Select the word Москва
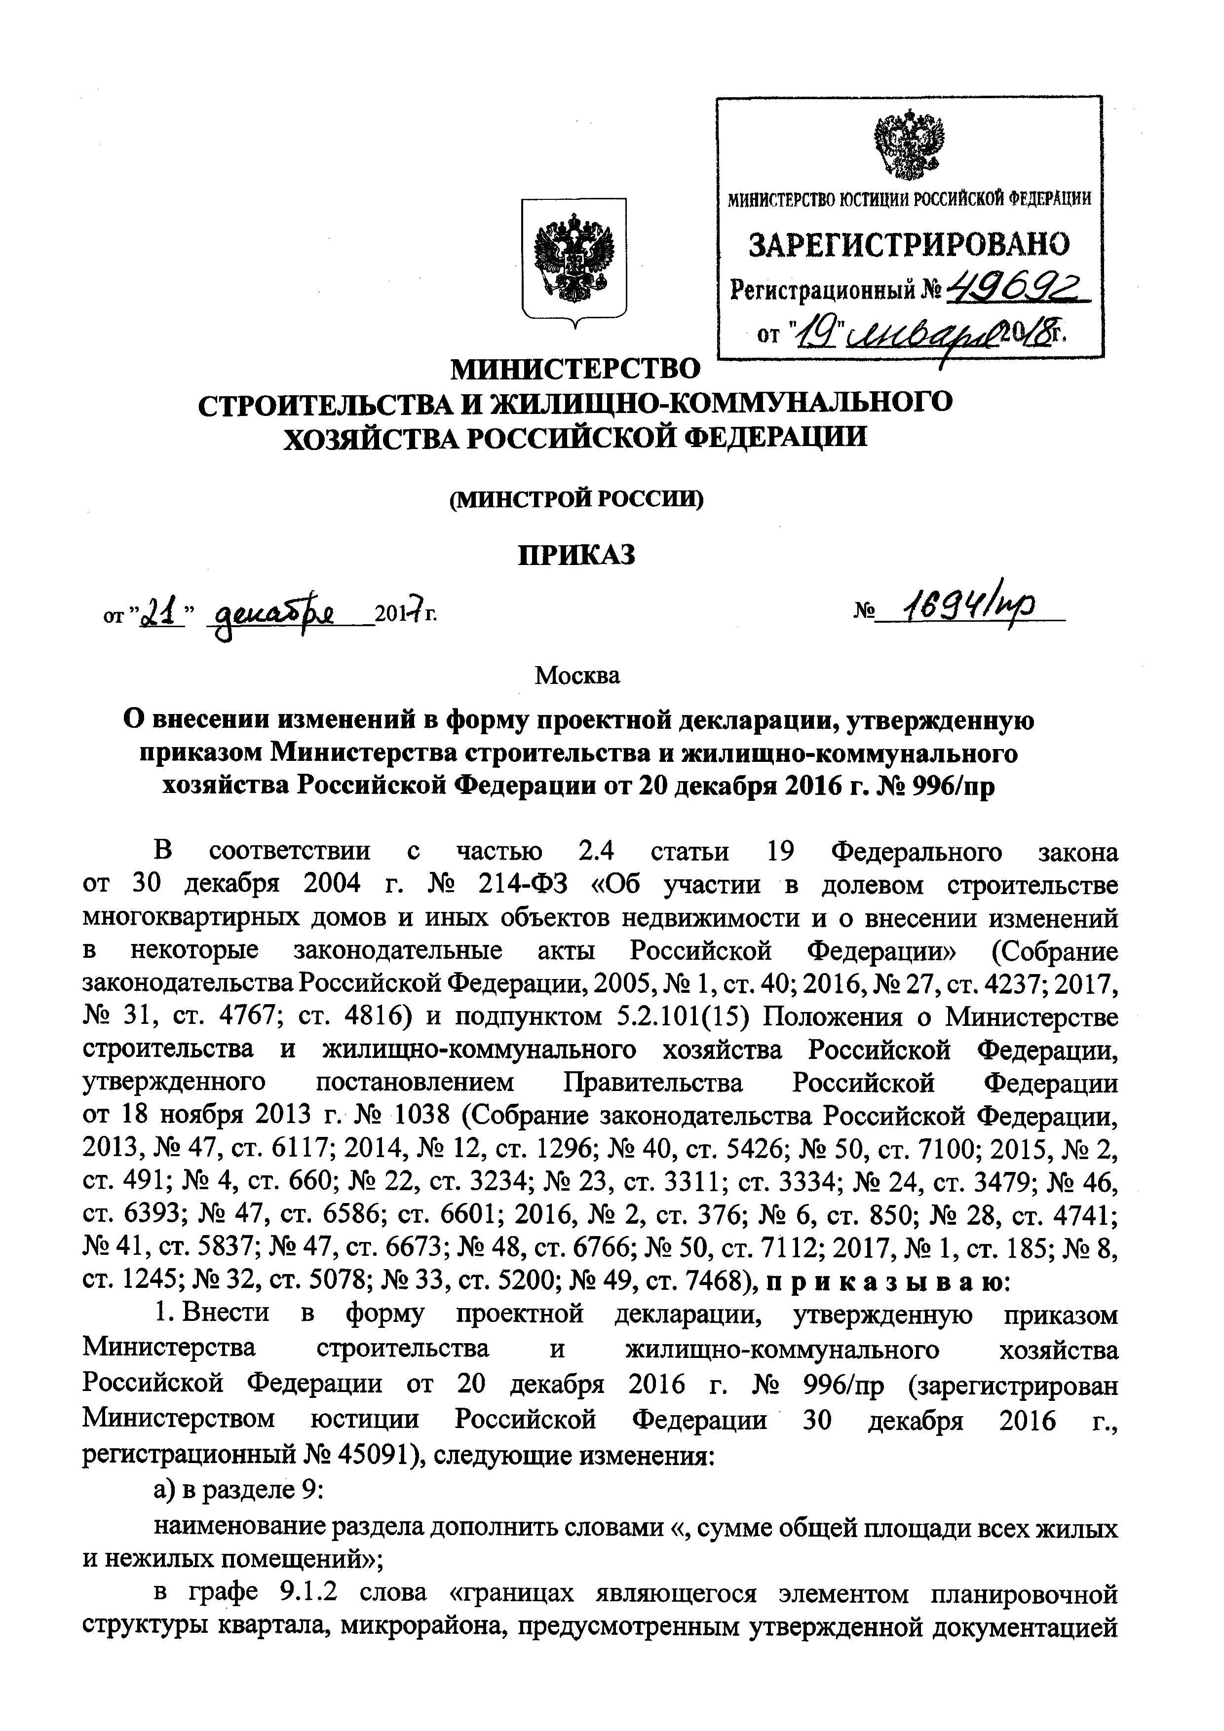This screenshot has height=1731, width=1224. pyautogui.click(x=577, y=676)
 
